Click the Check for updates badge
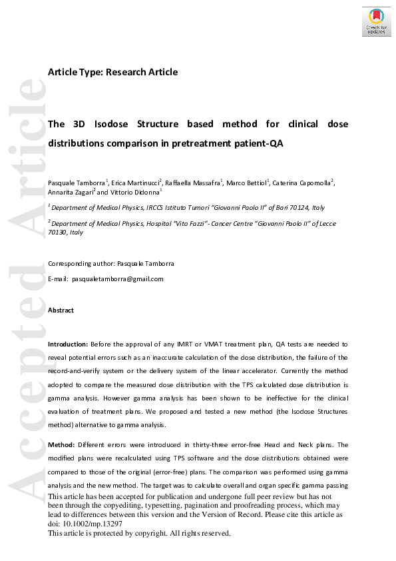[x=376, y=21]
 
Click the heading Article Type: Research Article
[x=112, y=72]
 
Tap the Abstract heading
[x=61, y=310]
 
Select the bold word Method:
[x=61, y=444]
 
